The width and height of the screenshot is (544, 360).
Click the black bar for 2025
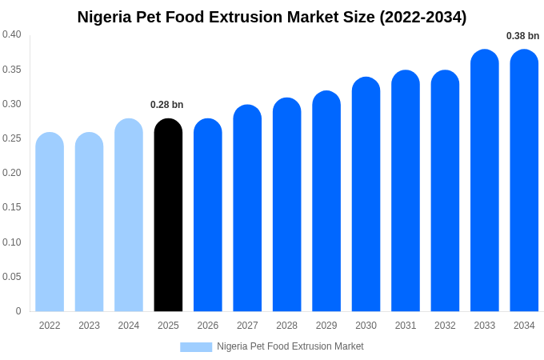point(168,216)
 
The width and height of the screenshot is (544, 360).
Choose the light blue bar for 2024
point(129,216)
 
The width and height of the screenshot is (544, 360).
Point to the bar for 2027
point(247,208)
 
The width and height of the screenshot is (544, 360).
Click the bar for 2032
point(445,191)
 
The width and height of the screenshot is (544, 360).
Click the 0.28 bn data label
point(167,105)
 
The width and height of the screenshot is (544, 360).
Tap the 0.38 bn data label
point(522,36)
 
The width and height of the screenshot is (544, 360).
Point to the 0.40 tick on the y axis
point(12,34)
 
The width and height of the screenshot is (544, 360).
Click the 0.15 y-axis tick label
point(12,207)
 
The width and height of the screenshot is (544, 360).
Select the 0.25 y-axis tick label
point(12,138)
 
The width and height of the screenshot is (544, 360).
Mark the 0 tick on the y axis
point(18,311)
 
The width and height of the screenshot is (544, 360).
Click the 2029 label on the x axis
point(326,326)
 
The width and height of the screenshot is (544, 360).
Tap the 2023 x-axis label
point(89,326)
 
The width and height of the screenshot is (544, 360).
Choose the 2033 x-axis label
point(484,326)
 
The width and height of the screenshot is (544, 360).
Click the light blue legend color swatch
point(196,347)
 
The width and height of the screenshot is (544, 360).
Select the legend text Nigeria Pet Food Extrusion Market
point(290,346)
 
